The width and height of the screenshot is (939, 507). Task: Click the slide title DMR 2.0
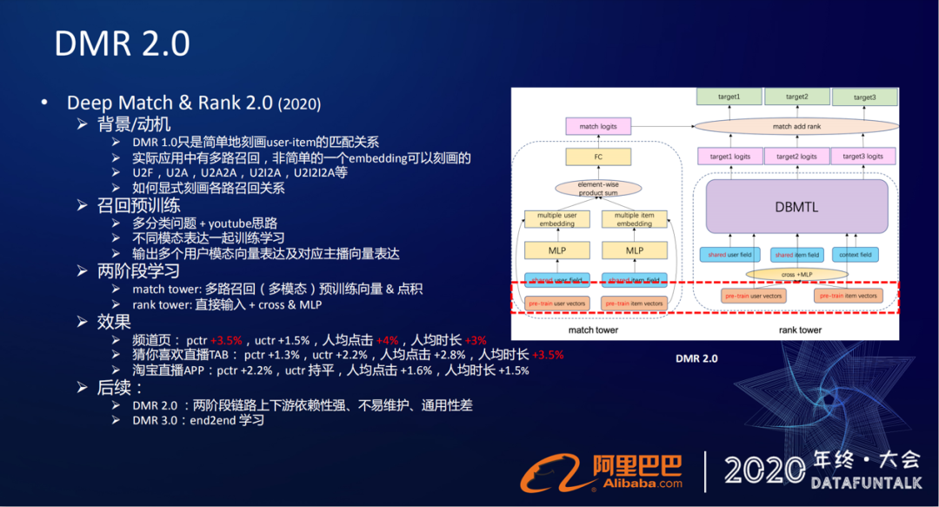tap(122, 43)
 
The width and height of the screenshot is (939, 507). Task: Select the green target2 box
tap(796, 97)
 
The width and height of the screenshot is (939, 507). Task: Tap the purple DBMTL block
tap(796, 208)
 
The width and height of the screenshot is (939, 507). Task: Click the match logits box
tap(597, 127)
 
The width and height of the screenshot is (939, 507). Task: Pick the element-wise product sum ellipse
tap(597, 188)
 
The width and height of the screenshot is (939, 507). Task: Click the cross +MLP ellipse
tap(796, 275)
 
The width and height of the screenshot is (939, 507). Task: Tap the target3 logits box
tap(863, 157)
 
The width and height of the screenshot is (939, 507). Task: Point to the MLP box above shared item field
tap(635, 250)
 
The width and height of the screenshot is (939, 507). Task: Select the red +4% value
tap(386, 340)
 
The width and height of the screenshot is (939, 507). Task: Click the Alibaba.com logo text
tap(637, 485)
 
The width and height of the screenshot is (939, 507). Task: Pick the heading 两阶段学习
tap(139, 270)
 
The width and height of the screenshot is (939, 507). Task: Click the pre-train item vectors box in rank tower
tap(848, 296)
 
